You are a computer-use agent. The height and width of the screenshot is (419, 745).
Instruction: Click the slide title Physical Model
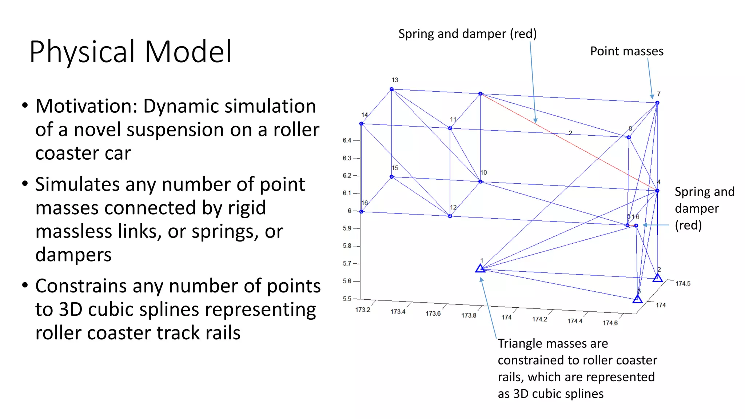(130, 52)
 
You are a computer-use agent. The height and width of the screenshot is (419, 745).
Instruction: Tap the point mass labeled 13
(392, 89)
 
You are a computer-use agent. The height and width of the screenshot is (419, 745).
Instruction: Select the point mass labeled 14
(361, 124)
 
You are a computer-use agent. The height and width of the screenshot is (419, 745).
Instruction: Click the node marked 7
(657, 103)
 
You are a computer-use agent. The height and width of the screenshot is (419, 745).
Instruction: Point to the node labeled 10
(480, 181)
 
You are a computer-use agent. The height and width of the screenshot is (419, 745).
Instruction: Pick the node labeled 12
(450, 216)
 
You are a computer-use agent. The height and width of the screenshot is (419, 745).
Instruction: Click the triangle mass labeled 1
(480, 269)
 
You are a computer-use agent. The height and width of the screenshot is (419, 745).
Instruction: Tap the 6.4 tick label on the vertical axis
(347, 140)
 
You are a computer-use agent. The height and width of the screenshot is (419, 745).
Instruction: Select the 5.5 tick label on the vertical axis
(347, 299)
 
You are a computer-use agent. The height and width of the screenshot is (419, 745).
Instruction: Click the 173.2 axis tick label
(363, 310)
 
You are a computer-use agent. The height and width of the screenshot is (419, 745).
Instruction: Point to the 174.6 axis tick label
(610, 323)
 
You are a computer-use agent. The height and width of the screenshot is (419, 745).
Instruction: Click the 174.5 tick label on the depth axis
(683, 283)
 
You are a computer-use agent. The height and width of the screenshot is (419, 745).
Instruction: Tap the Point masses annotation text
(626, 51)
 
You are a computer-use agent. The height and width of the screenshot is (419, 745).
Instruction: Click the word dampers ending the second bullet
(73, 255)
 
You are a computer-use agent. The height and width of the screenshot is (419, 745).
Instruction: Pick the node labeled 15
(392, 177)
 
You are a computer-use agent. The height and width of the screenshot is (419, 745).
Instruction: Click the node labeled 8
(629, 137)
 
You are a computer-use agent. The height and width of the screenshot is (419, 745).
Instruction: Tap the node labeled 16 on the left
(361, 211)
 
